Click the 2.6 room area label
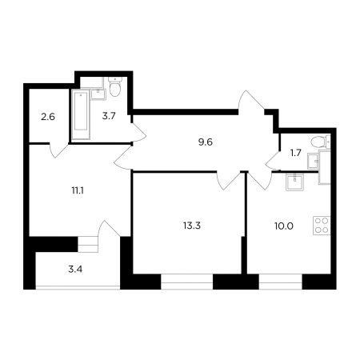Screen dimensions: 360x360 coord(48,117)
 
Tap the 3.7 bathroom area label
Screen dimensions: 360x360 coord(109,116)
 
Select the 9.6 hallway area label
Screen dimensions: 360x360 coord(206,142)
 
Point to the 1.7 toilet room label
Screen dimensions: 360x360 coord(295,153)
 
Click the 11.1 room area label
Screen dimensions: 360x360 coord(78,191)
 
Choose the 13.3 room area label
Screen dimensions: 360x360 coord(192,226)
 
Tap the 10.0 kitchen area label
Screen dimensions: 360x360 coord(284,226)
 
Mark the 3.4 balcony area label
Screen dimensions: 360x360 coord(75,270)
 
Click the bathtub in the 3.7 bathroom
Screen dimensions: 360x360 coord(81,114)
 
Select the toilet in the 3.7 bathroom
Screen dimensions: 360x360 coord(115,86)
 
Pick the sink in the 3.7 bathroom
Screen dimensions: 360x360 coord(98,94)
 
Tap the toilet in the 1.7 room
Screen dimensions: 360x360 coord(321,141)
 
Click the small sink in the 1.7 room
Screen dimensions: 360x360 coord(313,161)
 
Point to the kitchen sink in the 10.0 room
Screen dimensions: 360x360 coord(294,182)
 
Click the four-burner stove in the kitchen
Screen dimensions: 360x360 coord(322,225)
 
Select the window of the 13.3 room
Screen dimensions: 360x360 coord(186,282)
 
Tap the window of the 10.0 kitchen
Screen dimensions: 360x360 coord(280,282)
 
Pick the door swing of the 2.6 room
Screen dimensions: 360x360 coord(58,151)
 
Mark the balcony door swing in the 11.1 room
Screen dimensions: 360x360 coord(109,229)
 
